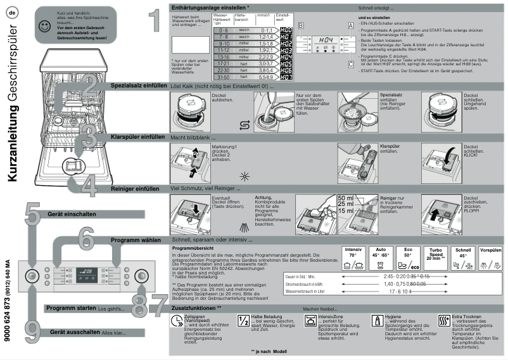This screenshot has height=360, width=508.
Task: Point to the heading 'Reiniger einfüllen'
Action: click(134, 188)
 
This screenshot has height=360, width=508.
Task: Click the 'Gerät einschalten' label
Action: click(72, 214)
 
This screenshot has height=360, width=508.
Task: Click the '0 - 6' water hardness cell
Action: click(221, 30)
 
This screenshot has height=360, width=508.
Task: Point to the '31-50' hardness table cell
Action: click(221, 77)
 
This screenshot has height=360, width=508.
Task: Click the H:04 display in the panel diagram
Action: click(325, 39)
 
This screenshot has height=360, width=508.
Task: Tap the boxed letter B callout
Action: click(301, 24)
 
